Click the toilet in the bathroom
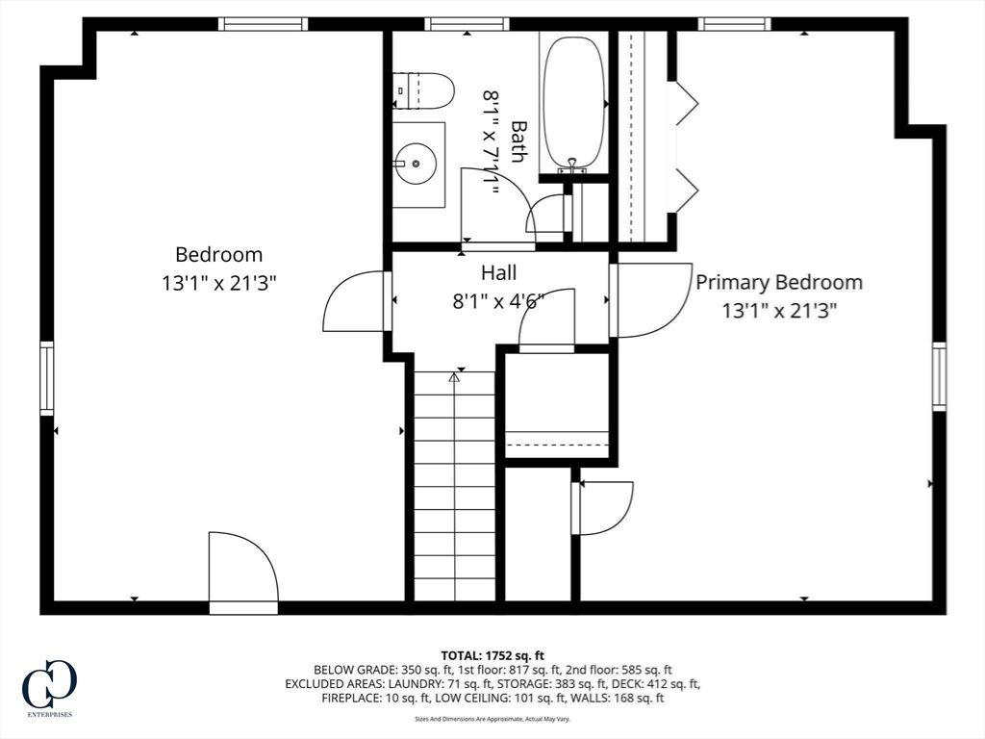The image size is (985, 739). coord(423,91)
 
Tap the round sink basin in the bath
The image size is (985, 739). coord(416,164)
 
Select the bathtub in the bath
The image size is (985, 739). coord(573,104)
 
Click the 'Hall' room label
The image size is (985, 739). coord(499,272)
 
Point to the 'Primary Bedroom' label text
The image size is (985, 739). coord(779,282)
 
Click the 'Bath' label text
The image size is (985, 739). coord(518,141)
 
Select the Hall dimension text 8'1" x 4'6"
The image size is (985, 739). coord(498,302)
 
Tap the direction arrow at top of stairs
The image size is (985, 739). coord(454,377)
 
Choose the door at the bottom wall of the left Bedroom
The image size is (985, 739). coord(243,572)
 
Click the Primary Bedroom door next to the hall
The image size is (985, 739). coord(651,300)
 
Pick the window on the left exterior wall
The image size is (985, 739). coord(47,377)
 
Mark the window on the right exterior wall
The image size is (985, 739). coord(939,376)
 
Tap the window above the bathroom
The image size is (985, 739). coord(467,24)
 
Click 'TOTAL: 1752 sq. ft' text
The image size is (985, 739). coord(492,656)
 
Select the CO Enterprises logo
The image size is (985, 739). coord(50,687)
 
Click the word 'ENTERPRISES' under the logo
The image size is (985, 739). coord(50,715)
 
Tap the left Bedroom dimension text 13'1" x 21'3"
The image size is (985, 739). coord(219,284)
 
